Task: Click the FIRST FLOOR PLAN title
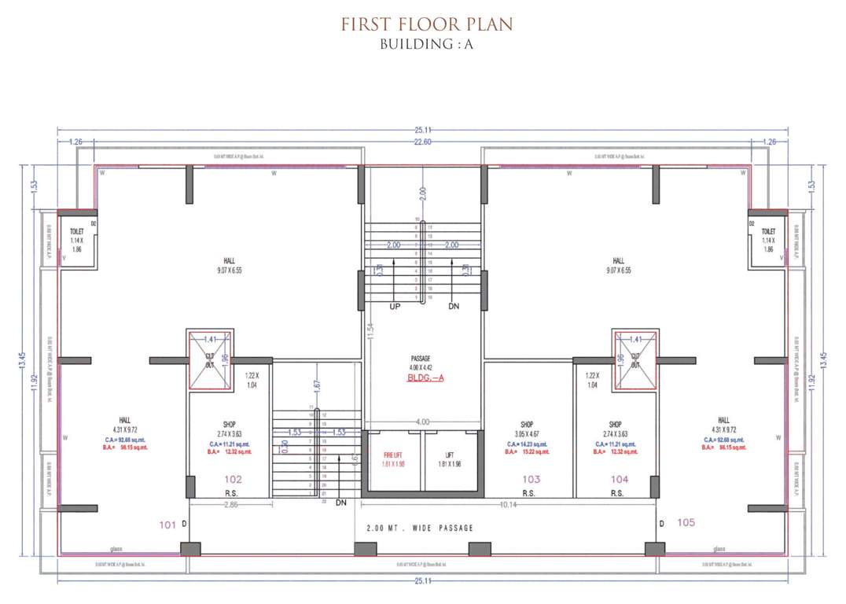[x=426, y=24]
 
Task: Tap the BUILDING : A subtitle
[x=426, y=44]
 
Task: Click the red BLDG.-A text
[x=425, y=378]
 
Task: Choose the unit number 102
[x=233, y=479]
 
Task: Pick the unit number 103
[x=531, y=479]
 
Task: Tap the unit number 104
[x=620, y=479]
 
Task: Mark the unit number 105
[x=686, y=522]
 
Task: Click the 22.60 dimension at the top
[x=424, y=142]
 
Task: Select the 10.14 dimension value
[x=509, y=504]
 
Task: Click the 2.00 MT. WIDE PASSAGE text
[x=420, y=528]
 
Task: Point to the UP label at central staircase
[x=395, y=306]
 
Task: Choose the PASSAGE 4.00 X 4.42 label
[x=425, y=363]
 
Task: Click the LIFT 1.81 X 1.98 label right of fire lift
[x=450, y=459]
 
